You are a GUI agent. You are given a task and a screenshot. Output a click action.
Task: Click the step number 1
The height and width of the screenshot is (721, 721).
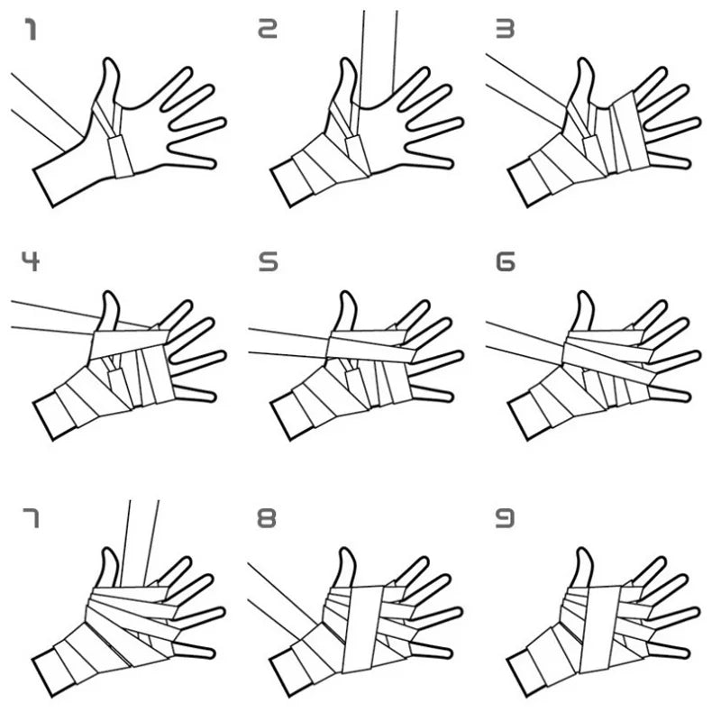pyautogui.click(x=31, y=32)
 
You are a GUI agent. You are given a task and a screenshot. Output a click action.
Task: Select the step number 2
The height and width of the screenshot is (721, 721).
pyautogui.click(x=268, y=32)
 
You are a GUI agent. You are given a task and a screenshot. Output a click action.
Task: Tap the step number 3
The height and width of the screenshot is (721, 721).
pyautogui.click(x=506, y=32)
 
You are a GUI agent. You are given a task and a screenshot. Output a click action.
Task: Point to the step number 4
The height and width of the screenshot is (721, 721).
pyautogui.click(x=31, y=263)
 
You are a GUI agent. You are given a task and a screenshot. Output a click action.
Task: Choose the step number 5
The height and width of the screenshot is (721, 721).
pyautogui.click(x=268, y=263)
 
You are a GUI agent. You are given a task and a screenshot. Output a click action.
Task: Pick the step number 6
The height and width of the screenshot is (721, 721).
pyautogui.click(x=506, y=263)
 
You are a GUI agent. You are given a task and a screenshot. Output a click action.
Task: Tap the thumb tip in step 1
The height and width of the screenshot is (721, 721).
pyautogui.click(x=111, y=65)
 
